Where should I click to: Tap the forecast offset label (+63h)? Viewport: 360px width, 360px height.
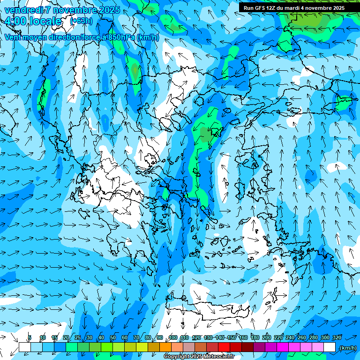(x=81, y=21)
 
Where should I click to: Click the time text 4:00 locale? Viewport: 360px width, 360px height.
(x=33, y=21)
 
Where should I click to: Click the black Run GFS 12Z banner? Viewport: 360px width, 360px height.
(x=294, y=7)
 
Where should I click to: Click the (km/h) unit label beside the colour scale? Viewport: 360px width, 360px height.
(x=347, y=348)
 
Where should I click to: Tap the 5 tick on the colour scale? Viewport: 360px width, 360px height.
(x=30, y=337)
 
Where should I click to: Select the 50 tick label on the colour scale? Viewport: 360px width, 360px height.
(x=113, y=337)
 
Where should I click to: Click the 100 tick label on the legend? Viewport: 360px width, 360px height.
(x=173, y=337)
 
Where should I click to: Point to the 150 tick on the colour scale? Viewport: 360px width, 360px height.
(x=232, y=337)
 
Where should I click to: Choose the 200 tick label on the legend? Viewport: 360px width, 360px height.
(x=267, y=337)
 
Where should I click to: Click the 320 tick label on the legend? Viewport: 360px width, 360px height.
(x=337, y=337)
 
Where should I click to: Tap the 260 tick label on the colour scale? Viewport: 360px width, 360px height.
(x=302, y=337)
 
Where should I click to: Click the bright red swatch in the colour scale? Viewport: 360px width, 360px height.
(x=224, y=347)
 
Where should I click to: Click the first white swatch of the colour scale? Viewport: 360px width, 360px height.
(x=25, y=347)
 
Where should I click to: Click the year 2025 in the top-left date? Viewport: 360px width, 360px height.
(x=105, y=10)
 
